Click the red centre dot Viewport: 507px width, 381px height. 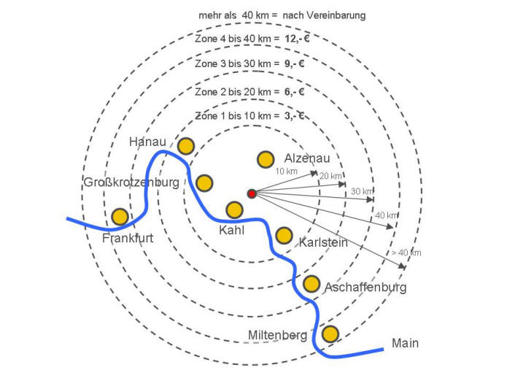point(252,193)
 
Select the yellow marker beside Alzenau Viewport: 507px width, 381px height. point(265,159)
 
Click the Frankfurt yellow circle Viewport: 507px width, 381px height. point(120,217)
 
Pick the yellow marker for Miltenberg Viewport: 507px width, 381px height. point(330,334)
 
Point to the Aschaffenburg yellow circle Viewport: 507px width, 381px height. point(311,283)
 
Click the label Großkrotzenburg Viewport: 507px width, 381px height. point(131,182)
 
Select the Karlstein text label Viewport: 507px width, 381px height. point(323,242)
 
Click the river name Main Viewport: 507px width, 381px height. point(406,343)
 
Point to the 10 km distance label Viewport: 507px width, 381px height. point(287,171)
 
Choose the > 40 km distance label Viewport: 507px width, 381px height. point(406,253)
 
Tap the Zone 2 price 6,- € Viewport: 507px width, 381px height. point(292,92)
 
